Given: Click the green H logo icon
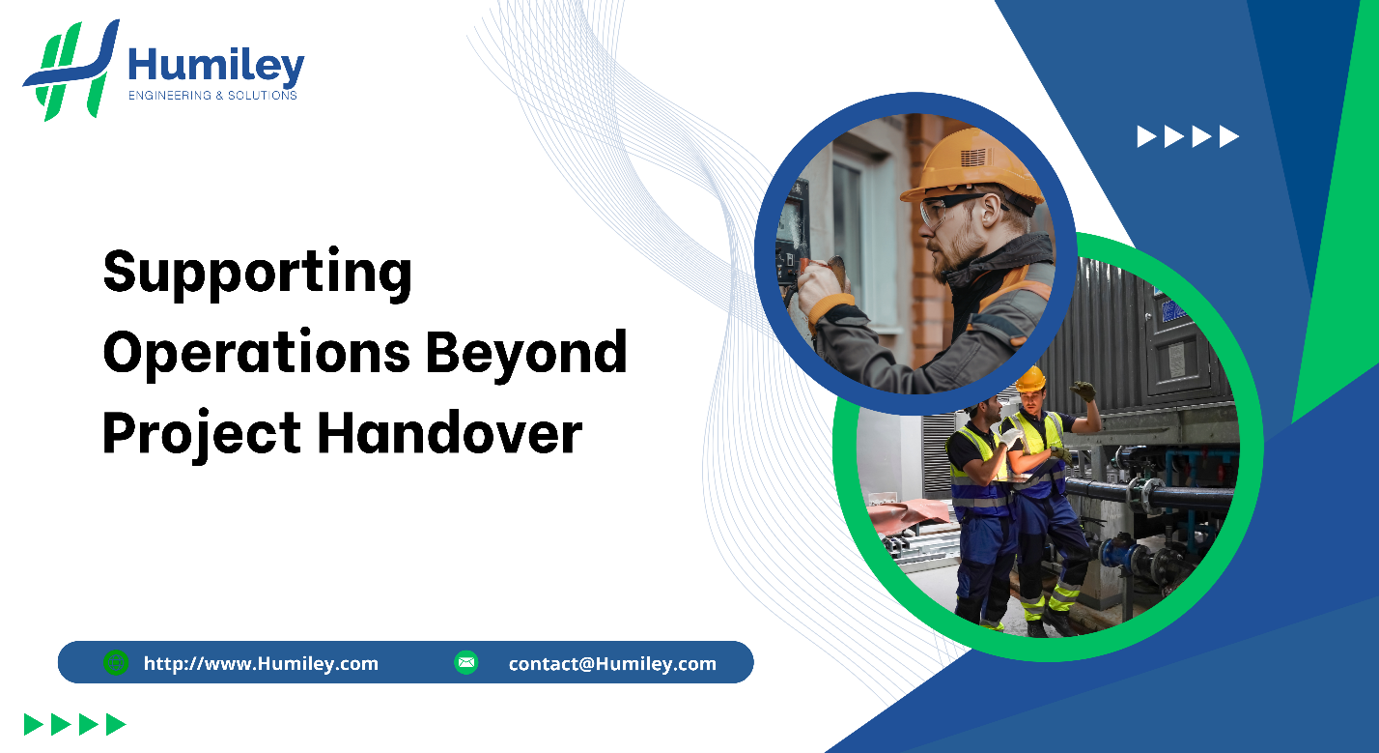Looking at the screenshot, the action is point(71,70).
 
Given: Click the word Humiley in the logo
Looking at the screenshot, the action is point(216,66).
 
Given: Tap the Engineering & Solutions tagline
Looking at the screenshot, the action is point(212,96).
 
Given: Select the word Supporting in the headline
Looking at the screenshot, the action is point(257,274).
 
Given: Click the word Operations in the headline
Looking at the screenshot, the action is point(257,353).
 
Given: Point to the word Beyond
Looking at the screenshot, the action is point(526,354).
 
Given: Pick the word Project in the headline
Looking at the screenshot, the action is point(201,434).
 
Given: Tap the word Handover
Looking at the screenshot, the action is point(449,433).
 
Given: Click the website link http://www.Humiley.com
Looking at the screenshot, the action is point(261,664).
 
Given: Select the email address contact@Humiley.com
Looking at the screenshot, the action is point(612,664).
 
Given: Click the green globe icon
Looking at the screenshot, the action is point(116,662).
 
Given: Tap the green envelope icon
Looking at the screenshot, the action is point(466,662).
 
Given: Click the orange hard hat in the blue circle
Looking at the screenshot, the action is point(971,167).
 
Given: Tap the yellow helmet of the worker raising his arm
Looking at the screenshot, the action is point(1030,378).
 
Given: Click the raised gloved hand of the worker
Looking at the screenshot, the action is point(1083,391).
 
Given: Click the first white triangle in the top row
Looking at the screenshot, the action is point(1146,137).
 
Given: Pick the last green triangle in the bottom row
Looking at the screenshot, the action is point(116,725).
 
